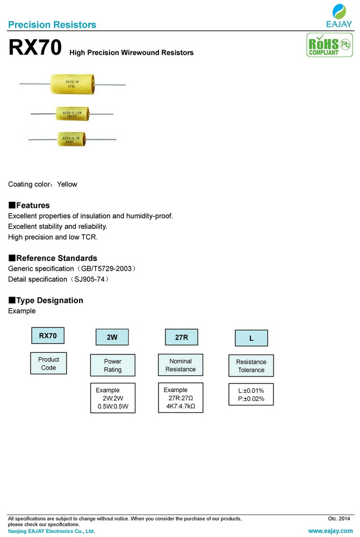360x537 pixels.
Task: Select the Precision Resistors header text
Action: (52, 25)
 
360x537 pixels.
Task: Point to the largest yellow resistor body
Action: (71, 84)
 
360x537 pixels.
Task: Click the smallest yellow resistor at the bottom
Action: (71, 139)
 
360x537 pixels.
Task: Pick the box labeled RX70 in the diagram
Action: (48, 336)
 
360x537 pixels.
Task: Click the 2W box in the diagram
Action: (112, 337)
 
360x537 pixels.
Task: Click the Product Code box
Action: (48, 364)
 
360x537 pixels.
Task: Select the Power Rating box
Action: (113, 366)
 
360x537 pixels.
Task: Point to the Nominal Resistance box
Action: (181, 365)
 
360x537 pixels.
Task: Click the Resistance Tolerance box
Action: (251, 366)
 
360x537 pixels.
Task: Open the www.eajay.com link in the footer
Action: (330, 531)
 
